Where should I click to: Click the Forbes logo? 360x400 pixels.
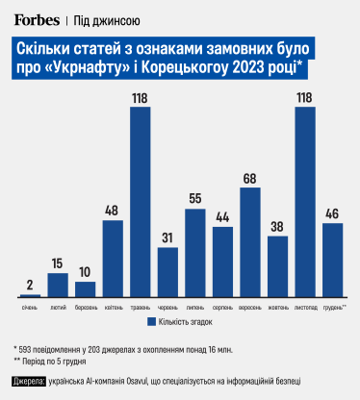click(x=37, y=19)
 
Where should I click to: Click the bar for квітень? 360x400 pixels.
click(x=113, y=258)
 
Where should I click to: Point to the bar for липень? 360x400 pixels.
click(x=195, y=252)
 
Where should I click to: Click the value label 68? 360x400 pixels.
click(x=250, y=179)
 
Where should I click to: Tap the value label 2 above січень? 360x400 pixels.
click(x=30, y=286)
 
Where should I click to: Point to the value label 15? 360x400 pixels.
click(x=58, y=264)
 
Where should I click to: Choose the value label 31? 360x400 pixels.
click(x=167, y=238)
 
